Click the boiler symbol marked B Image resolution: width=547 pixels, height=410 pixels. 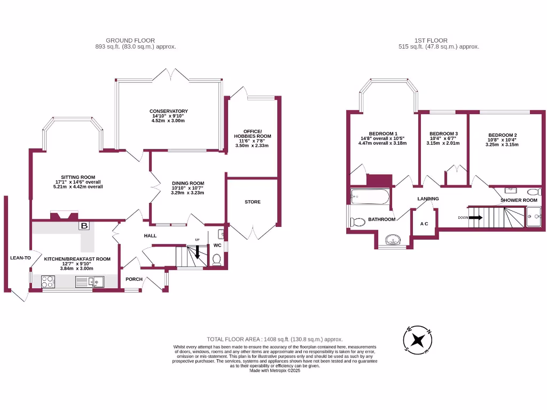84,226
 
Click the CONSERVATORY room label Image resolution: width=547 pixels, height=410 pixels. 168,112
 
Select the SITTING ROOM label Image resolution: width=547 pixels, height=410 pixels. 78,177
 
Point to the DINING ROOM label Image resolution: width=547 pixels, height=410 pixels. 187,183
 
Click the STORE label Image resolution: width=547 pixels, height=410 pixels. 252,202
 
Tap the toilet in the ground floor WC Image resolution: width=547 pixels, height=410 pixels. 217,259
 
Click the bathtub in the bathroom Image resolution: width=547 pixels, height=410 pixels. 370,198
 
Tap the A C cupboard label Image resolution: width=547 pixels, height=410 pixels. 424,224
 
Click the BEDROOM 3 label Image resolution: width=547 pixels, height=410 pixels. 443,133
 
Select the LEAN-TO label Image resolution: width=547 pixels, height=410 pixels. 21,258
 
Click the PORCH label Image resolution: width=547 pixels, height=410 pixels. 134,279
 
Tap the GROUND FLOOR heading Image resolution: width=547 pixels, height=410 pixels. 130,40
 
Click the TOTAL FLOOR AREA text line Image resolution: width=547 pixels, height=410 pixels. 275,339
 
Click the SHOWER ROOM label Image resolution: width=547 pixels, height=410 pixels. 519,200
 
